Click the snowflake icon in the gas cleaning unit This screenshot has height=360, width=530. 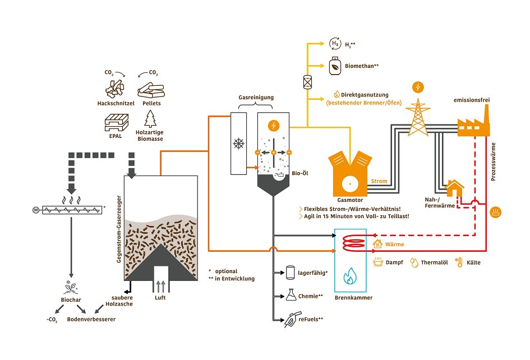(x=239, y=144)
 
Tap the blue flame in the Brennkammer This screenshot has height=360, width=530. (x=350, y=275)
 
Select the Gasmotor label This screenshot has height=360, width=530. (x=350, y=199)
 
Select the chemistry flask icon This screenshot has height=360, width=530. (x=291, y=294)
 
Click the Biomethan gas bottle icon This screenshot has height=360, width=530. (x=334, y=66)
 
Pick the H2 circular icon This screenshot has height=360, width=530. (x=334, y=43)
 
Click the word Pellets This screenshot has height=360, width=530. (x=151, y=103)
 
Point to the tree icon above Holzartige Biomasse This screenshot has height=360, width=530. (x=150, y=118)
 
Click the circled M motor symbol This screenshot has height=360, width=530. (x=36, y=210)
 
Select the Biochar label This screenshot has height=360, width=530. (x=71, y=300)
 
